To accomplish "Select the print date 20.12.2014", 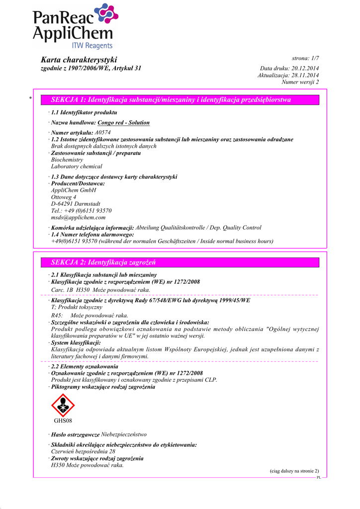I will point(305,68).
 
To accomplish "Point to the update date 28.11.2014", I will point(305,75).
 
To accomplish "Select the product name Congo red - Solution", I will point(123,122).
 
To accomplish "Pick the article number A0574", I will point(102,133).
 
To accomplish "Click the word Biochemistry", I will point(67,160).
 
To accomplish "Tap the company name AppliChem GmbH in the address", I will point(74,190).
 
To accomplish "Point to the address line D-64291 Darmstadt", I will point(76,204).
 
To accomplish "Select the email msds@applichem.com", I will point(78,217).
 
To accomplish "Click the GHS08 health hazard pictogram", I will point(63,405).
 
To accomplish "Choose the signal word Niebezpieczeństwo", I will point(124,434).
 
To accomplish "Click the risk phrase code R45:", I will point(57,315).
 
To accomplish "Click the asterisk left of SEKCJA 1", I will point(30,98).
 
